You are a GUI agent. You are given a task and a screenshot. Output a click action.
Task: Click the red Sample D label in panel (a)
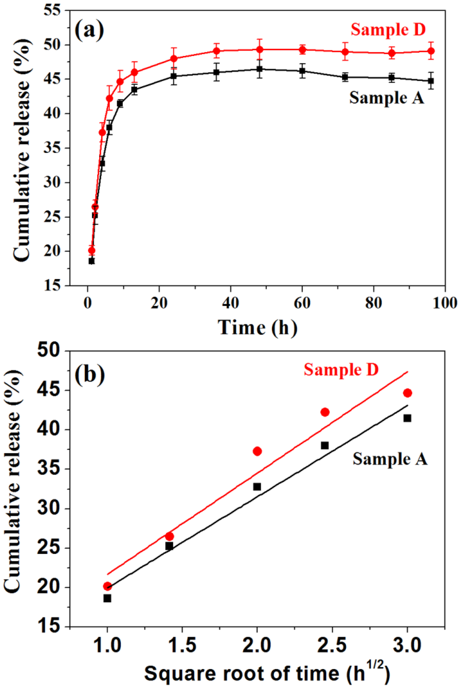[x=388, y=30]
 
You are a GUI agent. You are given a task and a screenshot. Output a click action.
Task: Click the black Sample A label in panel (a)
[x=386, y=98]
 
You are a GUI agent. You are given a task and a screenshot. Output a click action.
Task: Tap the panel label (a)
[x=89, y=30]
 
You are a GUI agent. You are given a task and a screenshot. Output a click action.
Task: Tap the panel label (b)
[x=90, y=374]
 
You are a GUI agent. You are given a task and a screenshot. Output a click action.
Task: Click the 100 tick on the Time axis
[x=445, y=303]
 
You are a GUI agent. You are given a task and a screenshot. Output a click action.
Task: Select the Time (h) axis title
[x=257, y=328]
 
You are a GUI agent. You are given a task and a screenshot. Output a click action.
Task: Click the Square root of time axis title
[x=266, y=673]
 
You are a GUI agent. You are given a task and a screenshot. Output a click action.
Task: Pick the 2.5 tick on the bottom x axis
[x=332, y=646]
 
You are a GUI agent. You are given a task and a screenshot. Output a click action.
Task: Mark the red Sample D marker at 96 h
[x=431, y=51]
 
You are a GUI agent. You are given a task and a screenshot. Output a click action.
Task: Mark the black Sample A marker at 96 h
[x=431, y=81]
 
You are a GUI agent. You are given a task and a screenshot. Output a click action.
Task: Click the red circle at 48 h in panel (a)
[x=260, y=49]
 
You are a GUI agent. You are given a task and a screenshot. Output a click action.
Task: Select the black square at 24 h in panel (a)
[x=173, y=76]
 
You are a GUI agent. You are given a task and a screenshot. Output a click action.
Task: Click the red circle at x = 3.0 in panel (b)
[x=407, y=393]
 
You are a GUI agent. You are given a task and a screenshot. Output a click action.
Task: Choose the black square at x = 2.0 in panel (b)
[x=257, y=487]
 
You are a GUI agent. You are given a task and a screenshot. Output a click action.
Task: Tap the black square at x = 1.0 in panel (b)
[x=107, y=598]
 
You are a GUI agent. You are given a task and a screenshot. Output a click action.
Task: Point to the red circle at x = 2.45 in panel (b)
[x=325, y=412]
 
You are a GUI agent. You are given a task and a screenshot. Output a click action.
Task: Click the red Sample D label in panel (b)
[x=341, y=370]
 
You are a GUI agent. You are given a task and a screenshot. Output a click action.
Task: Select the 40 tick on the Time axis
[x=230, y=303]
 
